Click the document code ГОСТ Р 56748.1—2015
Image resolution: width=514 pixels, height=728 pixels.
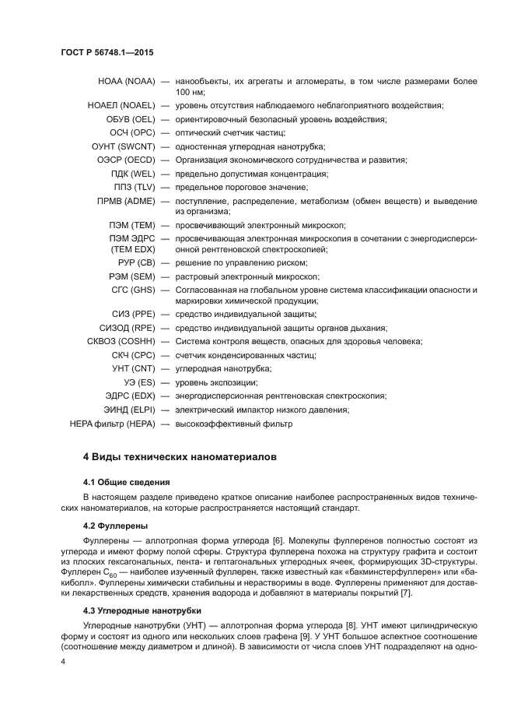(x=107, y=51)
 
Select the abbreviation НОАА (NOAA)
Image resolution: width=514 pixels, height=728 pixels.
(x=127, y=81)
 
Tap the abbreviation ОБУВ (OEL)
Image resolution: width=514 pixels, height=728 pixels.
(x=131, y=119)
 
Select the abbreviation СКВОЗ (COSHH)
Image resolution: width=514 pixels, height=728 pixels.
(x=121, y=341)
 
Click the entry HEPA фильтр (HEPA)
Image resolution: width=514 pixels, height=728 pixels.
(x=113, y=424)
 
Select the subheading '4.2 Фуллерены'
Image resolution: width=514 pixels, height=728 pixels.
(x=116, y=526)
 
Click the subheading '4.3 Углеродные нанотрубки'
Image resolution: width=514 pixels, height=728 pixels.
(x=142, y=610)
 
